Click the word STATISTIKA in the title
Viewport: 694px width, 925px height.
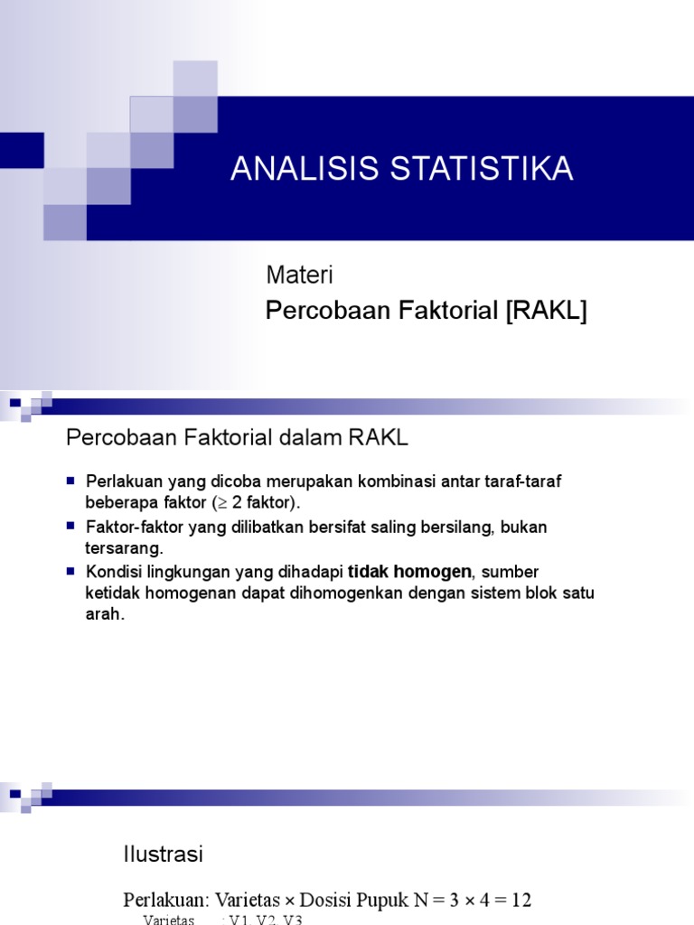[x=474, y=170]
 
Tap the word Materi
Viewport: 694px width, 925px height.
[x=300, y=274]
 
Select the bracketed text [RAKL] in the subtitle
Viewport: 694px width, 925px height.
[x=546, y=312]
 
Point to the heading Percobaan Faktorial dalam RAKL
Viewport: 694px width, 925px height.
[x=238, y=438]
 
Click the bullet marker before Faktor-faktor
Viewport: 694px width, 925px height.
[x=72, y=526]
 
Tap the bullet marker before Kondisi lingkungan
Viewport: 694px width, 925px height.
[x=72, y=571]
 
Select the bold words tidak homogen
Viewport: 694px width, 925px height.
[x=409, y=571]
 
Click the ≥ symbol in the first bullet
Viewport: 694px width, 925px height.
[x=219, y=502]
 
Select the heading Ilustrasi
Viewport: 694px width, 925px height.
[x=163, y=854]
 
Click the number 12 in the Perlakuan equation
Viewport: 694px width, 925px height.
[x=520, y=901]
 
